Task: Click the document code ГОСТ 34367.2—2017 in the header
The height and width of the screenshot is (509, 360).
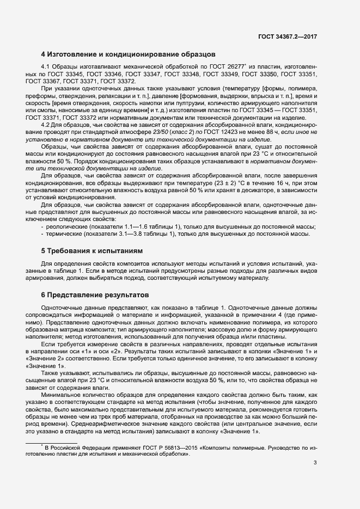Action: point(288,36)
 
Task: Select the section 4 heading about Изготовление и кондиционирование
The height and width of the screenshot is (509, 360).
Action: point(129,54)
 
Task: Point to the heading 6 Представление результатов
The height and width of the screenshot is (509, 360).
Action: point(95,295)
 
